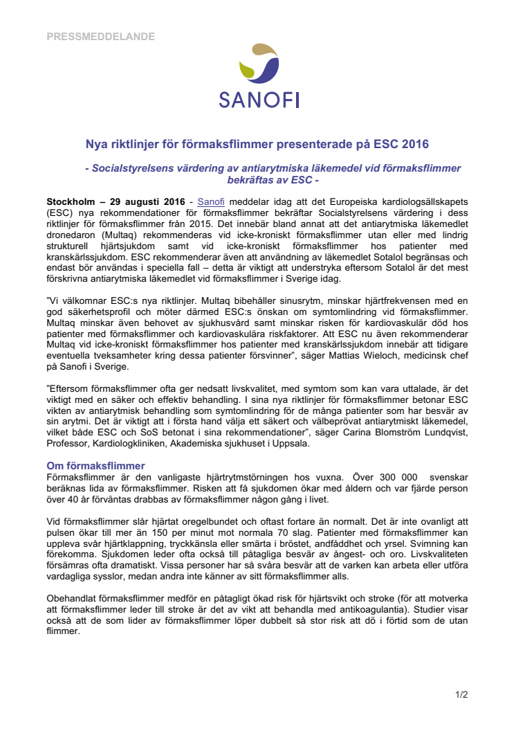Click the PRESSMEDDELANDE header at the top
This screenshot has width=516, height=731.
click(100, 37)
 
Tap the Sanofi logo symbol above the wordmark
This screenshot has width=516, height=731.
click(259, 66)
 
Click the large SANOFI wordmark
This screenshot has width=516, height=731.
click(259, 100)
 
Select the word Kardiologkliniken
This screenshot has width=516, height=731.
click(136, 444)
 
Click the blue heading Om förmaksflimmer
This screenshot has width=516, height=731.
click(95, 465)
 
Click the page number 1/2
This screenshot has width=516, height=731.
click(462, 694)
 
